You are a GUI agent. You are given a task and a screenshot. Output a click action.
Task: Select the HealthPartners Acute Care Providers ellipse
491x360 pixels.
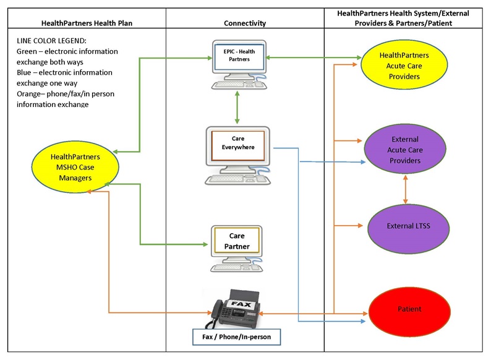(x=404, y=66)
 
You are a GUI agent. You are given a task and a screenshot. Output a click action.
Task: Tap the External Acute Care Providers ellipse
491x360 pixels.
(x=405, y=150)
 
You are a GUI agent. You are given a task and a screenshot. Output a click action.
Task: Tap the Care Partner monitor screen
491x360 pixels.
(x=237, y=241)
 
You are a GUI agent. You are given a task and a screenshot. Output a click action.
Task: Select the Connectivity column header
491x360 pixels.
(x=245, y=24)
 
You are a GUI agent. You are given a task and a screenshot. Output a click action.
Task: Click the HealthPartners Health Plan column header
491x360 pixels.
(x=87, y=24)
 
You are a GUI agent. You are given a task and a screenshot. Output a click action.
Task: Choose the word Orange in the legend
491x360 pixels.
(x=31, y=94)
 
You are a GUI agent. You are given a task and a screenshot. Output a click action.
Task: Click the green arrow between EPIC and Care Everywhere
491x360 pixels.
(x=237, y=109)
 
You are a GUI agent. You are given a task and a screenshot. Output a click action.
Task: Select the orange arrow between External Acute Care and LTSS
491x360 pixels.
(x=406, y=189)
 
